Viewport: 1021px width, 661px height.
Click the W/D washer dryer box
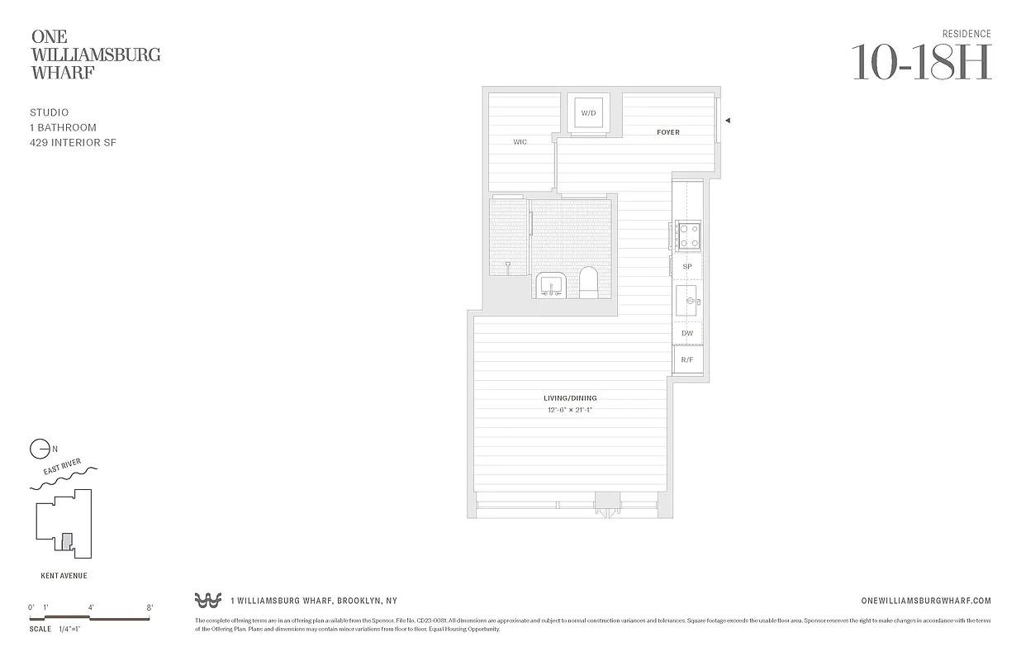pos(588,112)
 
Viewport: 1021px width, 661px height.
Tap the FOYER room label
pos(668,132)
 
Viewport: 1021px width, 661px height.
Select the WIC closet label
pos(520,142)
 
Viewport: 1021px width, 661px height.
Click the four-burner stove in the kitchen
pos(688,235)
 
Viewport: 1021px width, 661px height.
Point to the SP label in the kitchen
pos(687,267)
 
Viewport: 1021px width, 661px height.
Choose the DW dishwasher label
pos(687,334)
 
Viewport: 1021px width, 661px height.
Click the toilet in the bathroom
pos(589,283)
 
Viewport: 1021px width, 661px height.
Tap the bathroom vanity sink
pos(550,285)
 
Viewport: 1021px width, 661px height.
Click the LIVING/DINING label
pos(570,398)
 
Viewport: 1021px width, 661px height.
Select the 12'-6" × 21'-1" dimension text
pos(570,410)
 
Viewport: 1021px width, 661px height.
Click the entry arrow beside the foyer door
pos(727,121)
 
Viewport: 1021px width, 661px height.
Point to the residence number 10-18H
pos(921,62)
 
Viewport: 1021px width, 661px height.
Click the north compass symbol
pos(39,449)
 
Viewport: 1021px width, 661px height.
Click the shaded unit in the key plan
pos(68,542)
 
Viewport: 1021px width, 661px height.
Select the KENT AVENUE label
pos(64,576)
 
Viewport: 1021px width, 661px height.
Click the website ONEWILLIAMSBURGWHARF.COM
pos(925,601)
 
